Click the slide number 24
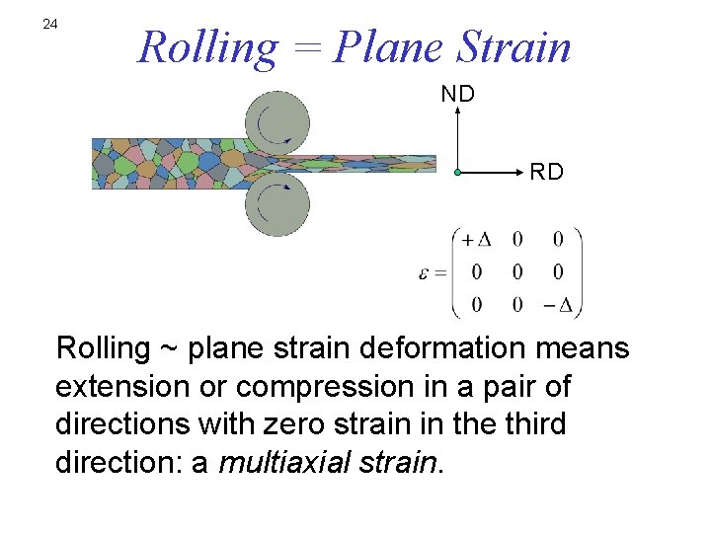(x=50, y=24)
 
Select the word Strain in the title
(x=514, y=46)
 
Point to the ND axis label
(x=457, y=94)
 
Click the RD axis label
(x=546, y=173)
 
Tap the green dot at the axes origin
(x=458, y=173)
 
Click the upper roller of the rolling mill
(x=277, y=122)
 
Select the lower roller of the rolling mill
(x=277, y=203)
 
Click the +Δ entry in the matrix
(x=477, y=240)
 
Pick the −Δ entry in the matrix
(x=558, y=304)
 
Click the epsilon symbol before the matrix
(x=424, y=271)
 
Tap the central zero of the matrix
(x=517, y=271)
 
